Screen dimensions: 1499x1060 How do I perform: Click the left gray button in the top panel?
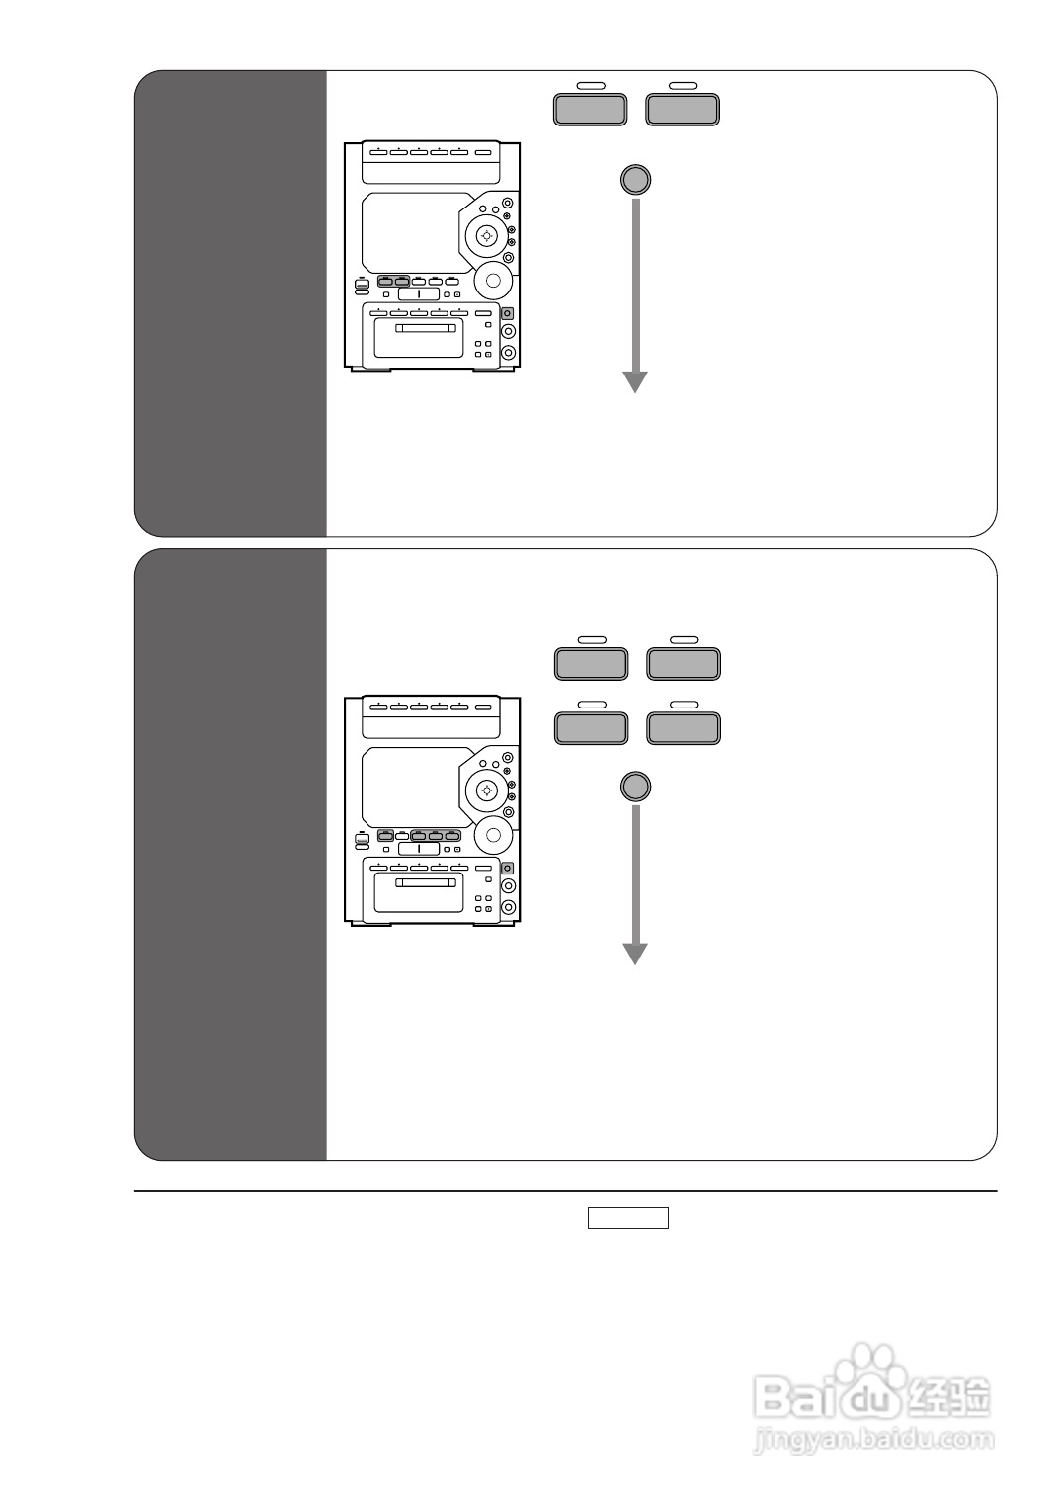click(x=590, y=109)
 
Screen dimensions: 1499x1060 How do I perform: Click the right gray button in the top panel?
click(x=682, y=109)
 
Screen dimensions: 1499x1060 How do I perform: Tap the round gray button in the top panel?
click(x=635, y=179)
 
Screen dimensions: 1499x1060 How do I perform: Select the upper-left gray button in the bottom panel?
click(x=591, y=663)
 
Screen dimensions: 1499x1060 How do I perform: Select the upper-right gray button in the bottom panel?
click(x=683, y=663)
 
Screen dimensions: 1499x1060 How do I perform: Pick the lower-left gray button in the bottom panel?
click(x=591, y=728)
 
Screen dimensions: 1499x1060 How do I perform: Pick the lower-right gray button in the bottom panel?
click(x=683, y=728)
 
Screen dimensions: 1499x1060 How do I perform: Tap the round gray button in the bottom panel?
click(x=635, y=787)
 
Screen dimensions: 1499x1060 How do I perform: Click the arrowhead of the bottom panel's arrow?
click(x=635, y=954)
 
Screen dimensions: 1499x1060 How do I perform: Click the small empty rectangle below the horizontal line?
click(x=628, y=1217)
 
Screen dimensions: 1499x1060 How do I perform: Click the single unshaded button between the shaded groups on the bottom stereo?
click(x=402, y=836)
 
